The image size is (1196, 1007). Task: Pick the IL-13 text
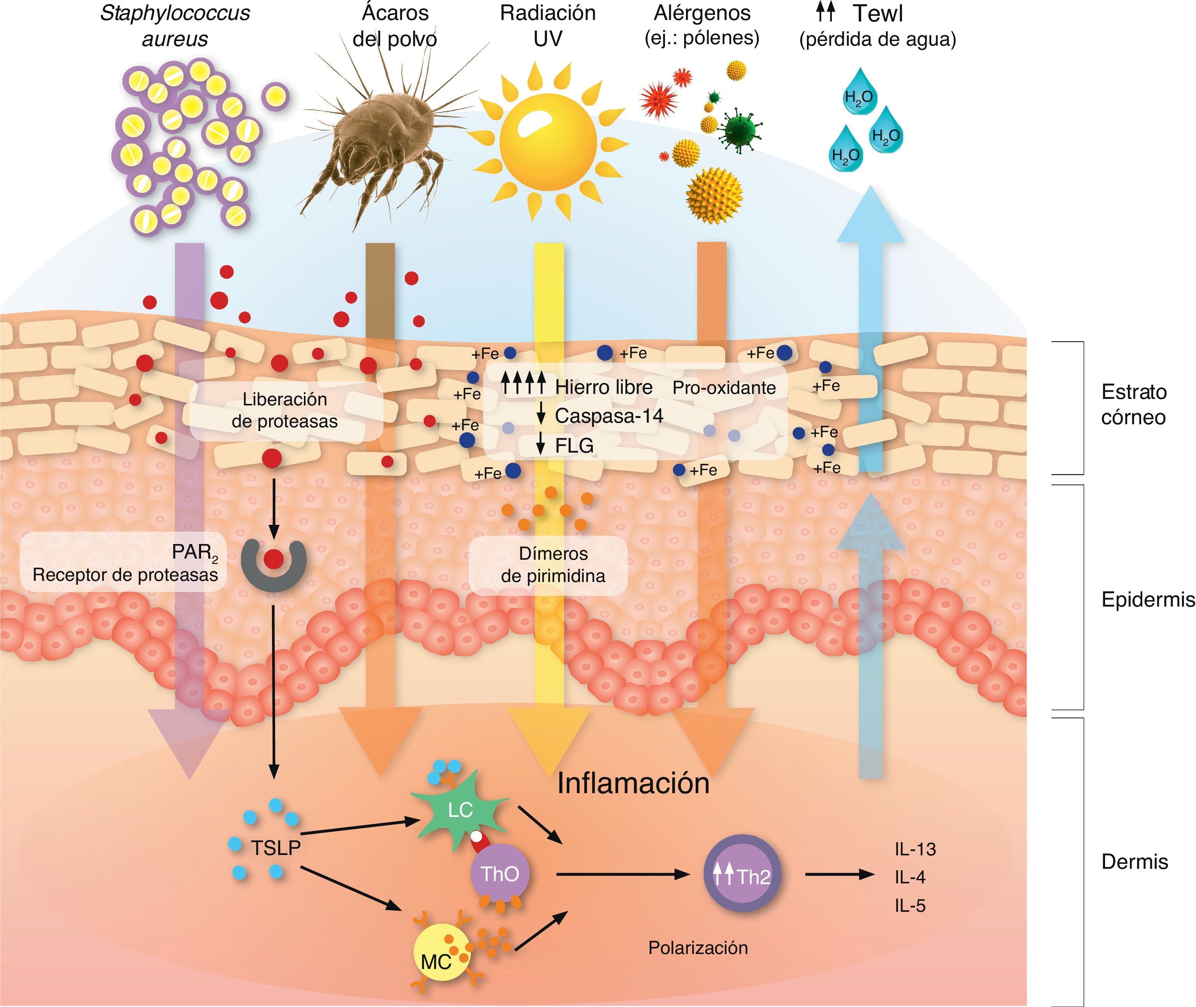[x=915, y=850]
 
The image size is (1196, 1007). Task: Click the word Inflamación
[x=633, y=783]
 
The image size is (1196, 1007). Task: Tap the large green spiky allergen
[x=739, y=132]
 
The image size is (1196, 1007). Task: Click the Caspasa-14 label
[x=608, y=416]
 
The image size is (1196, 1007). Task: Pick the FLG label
[x=574, y=446]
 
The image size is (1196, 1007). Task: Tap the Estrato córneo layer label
[x=1133, y=404]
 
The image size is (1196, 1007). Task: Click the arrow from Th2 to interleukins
[x=839, y=874]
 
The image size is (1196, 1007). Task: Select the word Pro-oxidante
[x=724, y=388]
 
